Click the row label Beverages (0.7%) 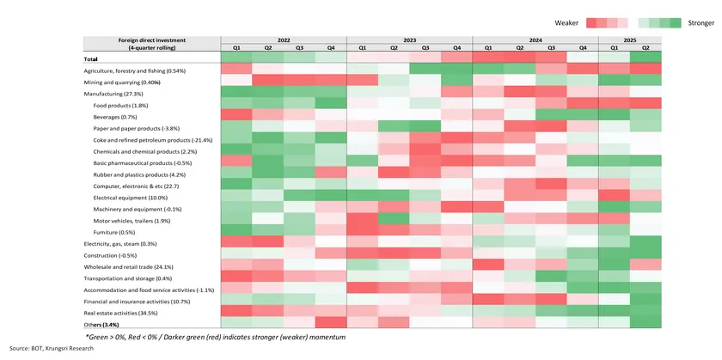pos(113,116)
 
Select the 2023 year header pos(409,40)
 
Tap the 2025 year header pos(629,40)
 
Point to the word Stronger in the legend pos(701,23)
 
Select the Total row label pos(90,58)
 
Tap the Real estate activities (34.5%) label pos(125,314)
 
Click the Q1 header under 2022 pos(236,48)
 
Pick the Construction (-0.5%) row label pos(110,256)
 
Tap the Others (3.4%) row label pos(101,326)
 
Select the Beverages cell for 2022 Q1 pos(236,116)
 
